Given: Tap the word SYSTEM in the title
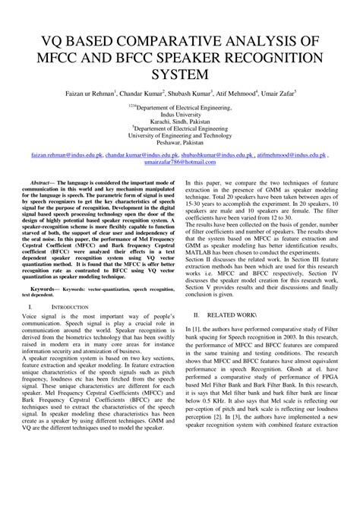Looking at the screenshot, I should [179, 74].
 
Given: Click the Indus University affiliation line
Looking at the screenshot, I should [179, 119].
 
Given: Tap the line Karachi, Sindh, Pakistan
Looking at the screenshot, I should [179, 127].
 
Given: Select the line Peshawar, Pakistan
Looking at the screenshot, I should [179, 151].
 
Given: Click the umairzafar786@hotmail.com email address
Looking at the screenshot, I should [179, 182].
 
